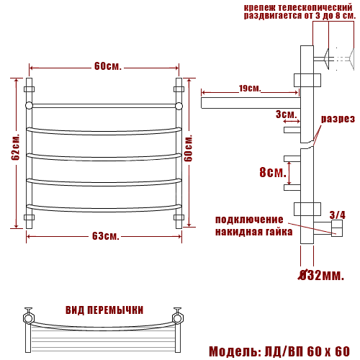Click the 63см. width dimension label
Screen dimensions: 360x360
106,236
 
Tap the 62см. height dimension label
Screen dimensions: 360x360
16,147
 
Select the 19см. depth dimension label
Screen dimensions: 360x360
250,89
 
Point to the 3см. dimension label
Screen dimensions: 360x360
286,114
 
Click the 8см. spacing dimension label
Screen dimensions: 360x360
273,172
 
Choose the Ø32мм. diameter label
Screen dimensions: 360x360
321,275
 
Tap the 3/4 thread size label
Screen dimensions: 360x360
337,215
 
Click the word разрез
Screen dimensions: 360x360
338,119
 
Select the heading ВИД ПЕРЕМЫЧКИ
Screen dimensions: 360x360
104,310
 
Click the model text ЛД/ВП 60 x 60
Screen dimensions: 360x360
307,351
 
